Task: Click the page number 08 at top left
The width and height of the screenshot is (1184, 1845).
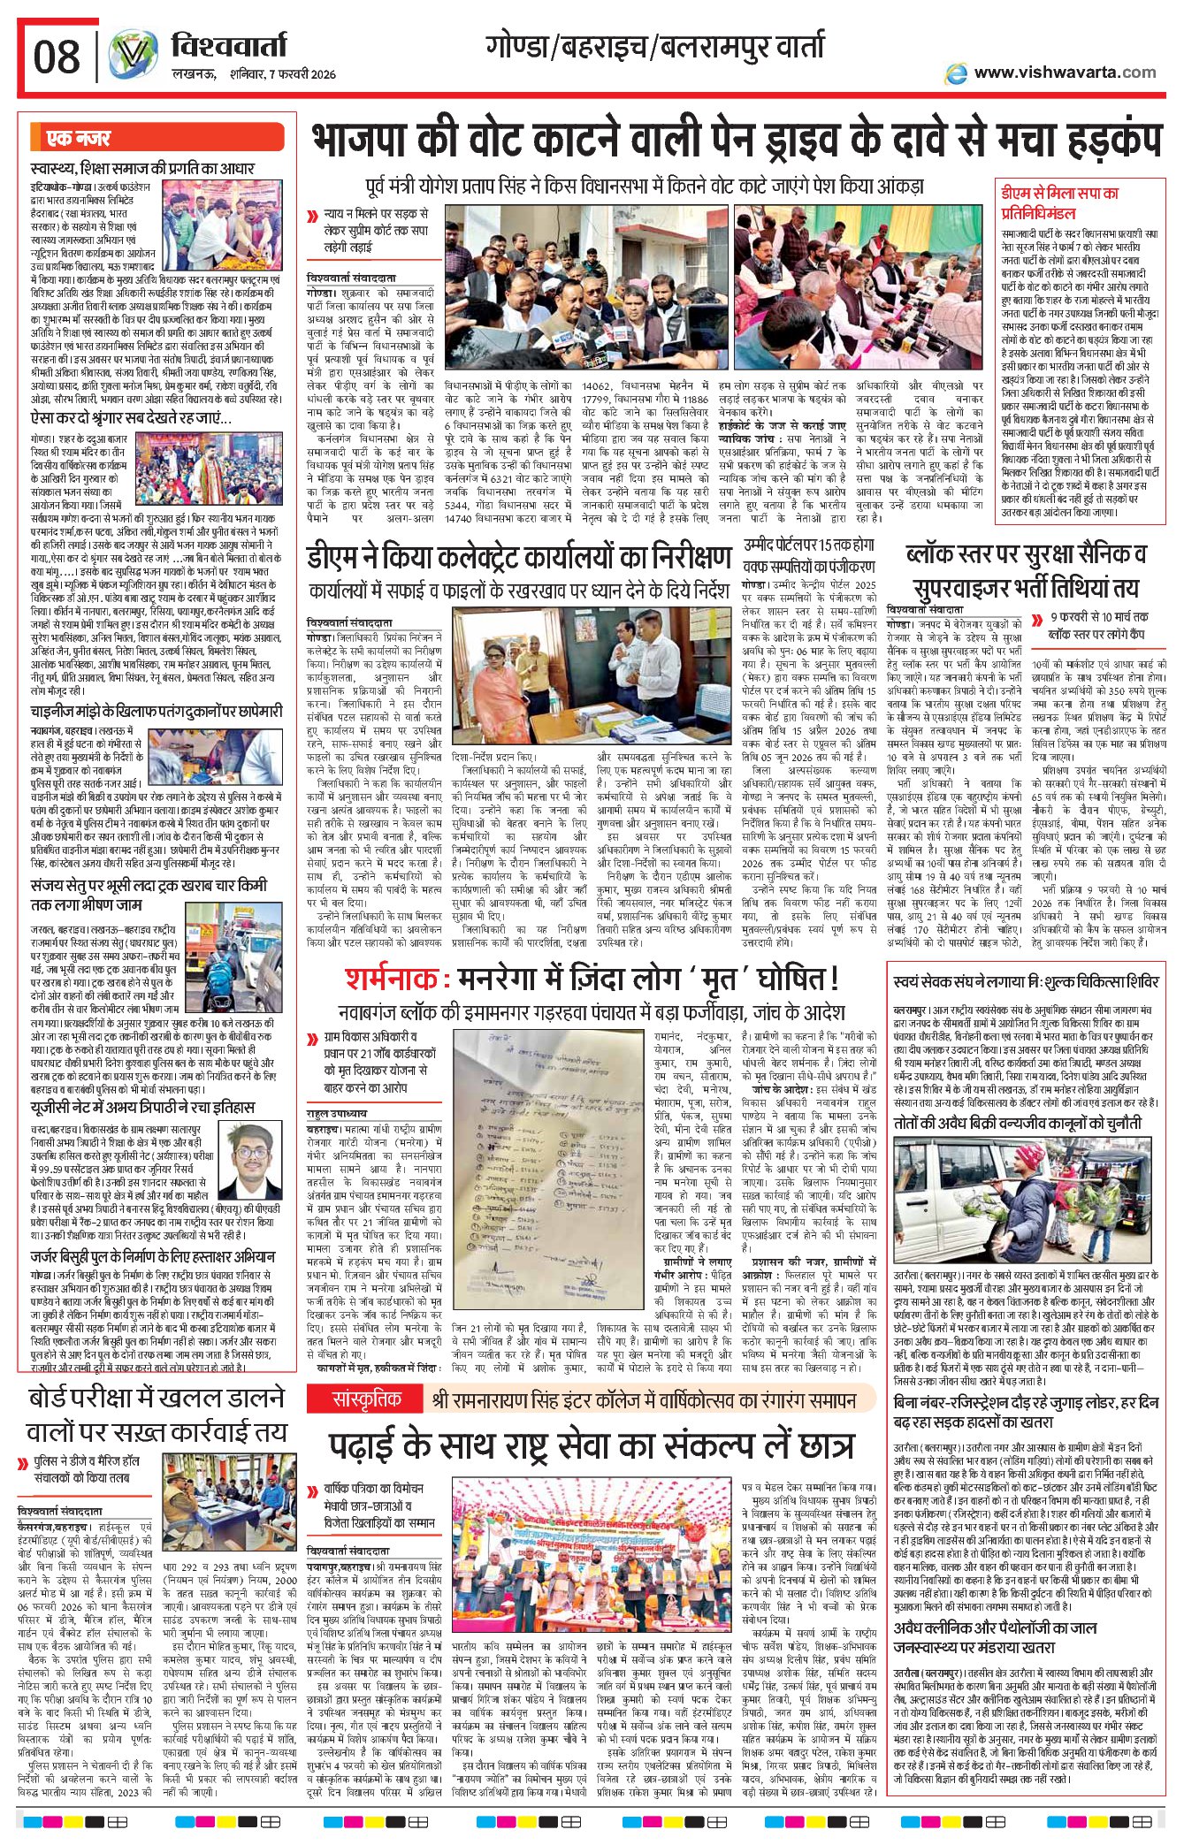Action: [56, 57]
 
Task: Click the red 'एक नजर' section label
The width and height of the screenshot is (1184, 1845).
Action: [79, 138]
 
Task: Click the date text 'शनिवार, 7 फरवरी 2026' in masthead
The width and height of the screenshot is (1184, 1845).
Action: [280, 74]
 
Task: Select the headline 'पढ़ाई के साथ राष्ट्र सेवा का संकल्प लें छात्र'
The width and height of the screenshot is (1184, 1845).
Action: [592, 1445]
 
